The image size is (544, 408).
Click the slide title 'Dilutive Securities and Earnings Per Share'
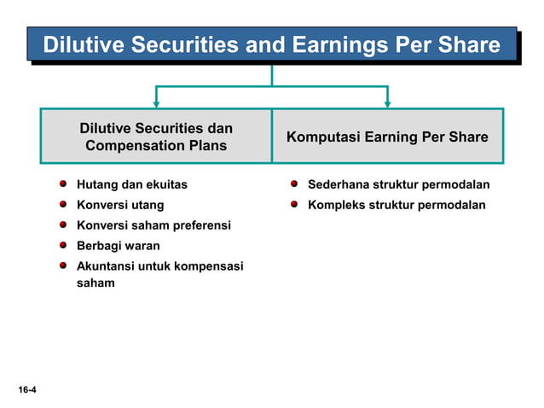click(x=271, y=44)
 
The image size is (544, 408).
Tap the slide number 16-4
click(x=26, y=390)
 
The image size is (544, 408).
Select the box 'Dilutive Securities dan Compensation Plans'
click(x=156, y=137)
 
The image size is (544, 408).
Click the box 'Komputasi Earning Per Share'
click(x=387, y=137)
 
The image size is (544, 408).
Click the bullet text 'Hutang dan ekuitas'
click(x=132, y=184)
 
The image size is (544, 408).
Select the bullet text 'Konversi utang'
click(x=120, y=205)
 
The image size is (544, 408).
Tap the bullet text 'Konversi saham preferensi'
click(x=153, y=225)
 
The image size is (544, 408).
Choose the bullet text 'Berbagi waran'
click(x=118, y=246)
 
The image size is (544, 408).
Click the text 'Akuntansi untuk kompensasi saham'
click(x=159, y=274)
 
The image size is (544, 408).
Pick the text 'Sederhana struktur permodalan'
click(x=398, y=184)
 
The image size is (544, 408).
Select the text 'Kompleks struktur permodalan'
click(x=396, y=205)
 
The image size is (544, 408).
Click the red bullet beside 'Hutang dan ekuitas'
click(x=64, y=184)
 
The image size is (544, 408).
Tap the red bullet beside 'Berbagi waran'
click(x=64, y=245)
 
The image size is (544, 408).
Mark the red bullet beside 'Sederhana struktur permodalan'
click(x=294, y=184)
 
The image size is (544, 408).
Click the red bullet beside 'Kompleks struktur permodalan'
click(x=294, y=204)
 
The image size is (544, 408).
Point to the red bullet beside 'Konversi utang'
click(x=64, y=204)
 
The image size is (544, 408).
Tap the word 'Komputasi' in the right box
click(x=317, y=137)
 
